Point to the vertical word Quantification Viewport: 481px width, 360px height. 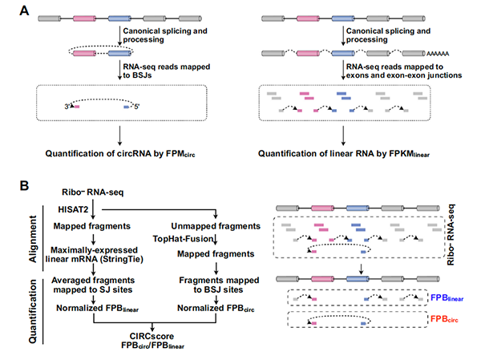click(25, 311)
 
